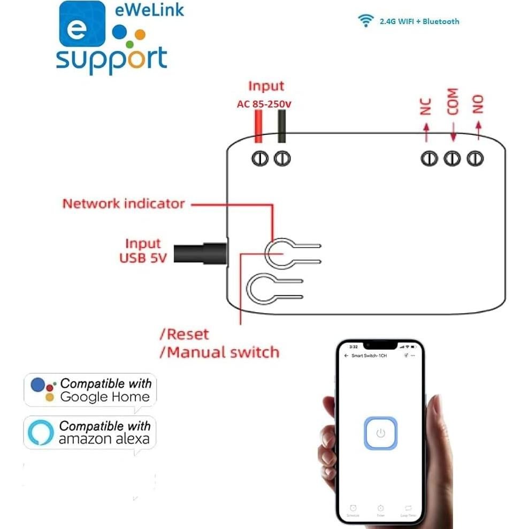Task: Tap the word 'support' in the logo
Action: tap(111, 60)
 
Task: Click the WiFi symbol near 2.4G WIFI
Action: tap(366, 21)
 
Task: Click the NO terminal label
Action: tap(478, 104)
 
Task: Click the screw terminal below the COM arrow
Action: tap(453, 158)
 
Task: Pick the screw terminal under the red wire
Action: tap(260, 158)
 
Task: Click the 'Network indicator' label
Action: tap(124, 204)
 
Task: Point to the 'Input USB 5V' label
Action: tap(143, 251)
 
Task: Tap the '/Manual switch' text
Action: tap(220, 352)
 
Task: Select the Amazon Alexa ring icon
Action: tap(41, 433)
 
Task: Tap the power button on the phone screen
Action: tap(380, 433)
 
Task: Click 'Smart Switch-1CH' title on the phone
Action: tap(369, 355)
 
